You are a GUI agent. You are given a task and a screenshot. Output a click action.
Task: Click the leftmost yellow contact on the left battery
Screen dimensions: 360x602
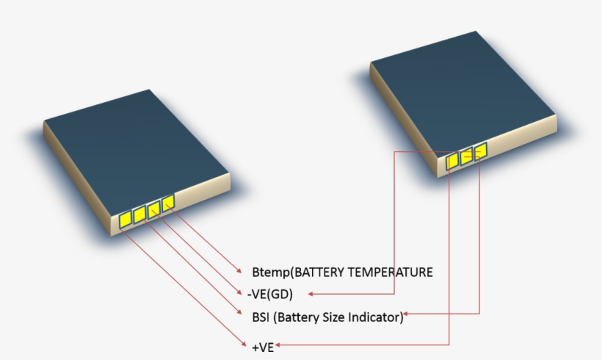(x=124, y=218)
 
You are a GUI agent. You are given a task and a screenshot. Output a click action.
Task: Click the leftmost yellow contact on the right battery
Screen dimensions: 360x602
(x=452, y=160)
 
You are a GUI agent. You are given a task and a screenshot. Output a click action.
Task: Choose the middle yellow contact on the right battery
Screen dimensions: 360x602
(x=466, y=156)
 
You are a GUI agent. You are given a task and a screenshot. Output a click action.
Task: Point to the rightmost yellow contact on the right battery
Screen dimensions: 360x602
(x=479, y=152)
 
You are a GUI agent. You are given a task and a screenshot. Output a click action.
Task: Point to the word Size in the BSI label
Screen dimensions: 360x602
(x=333, y=317)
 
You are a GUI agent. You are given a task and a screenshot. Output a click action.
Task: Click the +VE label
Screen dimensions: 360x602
(x=262, y=347)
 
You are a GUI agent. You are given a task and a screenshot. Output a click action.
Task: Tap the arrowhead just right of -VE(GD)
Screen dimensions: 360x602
(x=311, y=295)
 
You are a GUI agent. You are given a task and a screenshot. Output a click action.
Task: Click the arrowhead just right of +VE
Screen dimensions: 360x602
(x=280, y=344)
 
